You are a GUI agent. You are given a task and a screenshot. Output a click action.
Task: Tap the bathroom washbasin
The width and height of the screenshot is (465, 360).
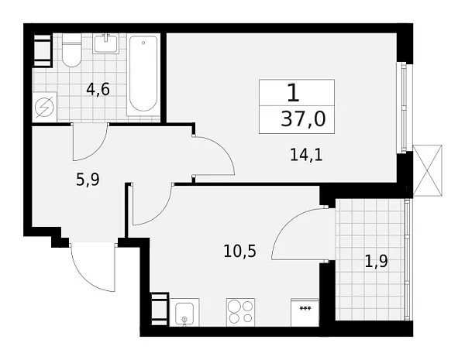tap(106, 43)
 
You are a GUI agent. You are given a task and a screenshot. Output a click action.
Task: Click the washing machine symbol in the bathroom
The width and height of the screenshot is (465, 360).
tap(44, 107)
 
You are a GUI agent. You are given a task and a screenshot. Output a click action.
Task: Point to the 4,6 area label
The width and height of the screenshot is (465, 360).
tap(98, 89)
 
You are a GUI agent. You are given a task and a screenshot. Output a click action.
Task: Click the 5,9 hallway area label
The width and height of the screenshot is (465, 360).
tap(88, 180)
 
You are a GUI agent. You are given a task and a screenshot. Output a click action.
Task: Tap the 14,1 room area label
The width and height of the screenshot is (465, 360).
tap(306, 155)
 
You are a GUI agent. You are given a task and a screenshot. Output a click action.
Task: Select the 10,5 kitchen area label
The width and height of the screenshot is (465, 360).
tap(239, 252)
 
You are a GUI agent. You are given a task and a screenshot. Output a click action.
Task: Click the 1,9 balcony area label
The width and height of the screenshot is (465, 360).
tap(377, 262)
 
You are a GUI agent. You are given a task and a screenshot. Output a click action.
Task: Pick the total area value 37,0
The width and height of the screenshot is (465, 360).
tap(303, 119)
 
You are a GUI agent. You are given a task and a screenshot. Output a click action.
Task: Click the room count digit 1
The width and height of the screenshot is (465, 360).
tap(293, 92)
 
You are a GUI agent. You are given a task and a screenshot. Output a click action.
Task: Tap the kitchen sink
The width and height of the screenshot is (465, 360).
tap(184, 313)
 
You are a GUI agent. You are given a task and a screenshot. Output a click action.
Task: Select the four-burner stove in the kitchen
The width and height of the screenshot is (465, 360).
tap(240, 312)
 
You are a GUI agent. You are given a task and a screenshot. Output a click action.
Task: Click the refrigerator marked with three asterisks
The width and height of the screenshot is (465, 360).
tap(305, 313)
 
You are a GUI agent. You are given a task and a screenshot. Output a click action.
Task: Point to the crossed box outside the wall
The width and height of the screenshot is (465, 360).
tap(427, 170)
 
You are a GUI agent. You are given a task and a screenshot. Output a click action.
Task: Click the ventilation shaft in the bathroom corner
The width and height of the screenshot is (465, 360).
tap(43, 50)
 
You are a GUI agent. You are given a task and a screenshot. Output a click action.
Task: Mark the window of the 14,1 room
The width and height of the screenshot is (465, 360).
tap(403, 108)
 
